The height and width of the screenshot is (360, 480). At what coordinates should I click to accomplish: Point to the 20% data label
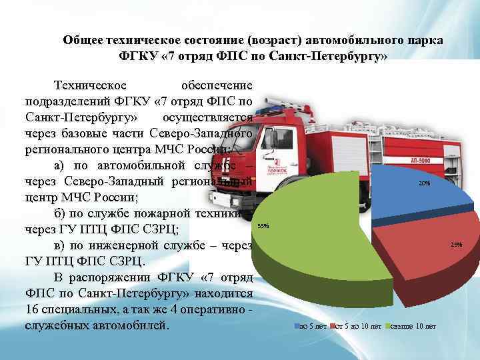[424, 183]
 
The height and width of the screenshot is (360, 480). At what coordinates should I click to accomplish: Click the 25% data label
[456, 245]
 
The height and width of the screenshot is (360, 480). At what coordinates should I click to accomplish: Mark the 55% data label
[263, 225]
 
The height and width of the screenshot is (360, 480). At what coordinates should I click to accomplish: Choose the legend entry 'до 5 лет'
[311, 327]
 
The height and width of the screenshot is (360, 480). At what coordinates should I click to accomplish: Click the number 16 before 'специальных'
[33, 310]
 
